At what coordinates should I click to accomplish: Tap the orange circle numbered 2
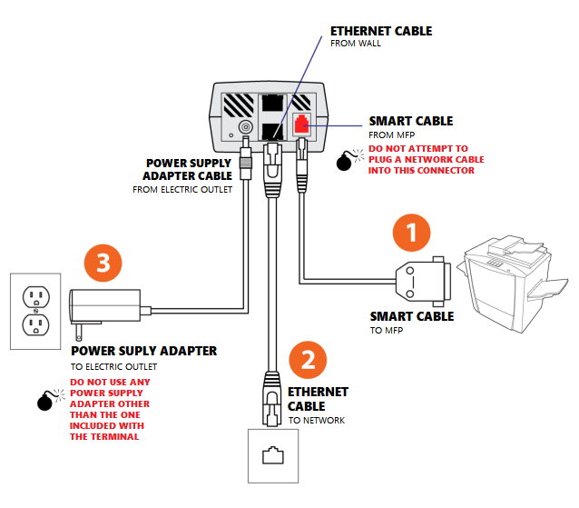[x=308, y=360]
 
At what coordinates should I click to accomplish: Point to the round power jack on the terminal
[x=245, y=130]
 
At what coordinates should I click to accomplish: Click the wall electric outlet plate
[x=34, y=309]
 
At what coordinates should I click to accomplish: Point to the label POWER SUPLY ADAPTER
[x=143, y=351]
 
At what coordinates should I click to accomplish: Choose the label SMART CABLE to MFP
[x=412, y=317]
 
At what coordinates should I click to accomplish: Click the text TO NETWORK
[x=317, y=421]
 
